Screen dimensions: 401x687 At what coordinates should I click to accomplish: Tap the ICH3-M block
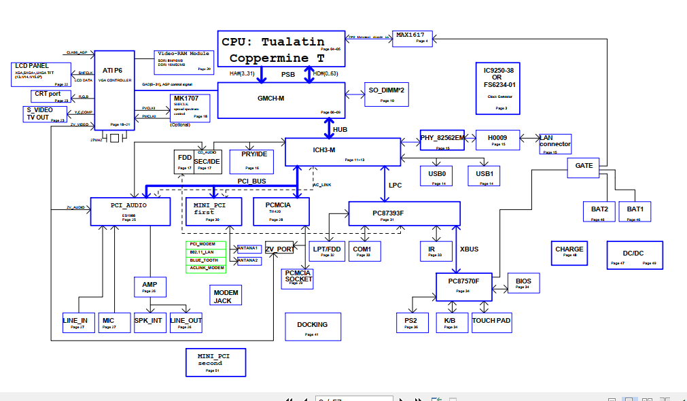coord(342,151)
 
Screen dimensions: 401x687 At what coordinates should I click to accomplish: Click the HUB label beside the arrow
coord(340,128)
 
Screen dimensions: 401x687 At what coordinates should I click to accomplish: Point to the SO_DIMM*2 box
coord(387,94)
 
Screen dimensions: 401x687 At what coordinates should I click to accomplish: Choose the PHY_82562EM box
coord(442,140)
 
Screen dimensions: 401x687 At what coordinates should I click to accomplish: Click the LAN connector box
coord(555,144)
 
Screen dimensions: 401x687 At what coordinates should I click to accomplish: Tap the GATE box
coord(584,166)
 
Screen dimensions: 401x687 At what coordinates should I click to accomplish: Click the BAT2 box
coord(598,211)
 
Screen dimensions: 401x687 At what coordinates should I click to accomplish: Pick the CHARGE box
coord(569,252)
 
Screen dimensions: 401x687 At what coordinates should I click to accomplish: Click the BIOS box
coord(523,283)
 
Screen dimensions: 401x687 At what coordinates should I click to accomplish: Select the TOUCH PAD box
coord(491,323)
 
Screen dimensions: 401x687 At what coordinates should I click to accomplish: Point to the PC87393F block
coord(404,214)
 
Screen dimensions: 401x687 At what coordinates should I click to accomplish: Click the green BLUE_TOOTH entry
coord(205,260)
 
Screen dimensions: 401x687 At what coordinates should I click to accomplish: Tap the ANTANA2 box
coord(247,260)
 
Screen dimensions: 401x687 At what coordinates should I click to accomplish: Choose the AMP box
coord(149,287)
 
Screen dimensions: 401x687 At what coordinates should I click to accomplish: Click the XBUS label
coord(469,249)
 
